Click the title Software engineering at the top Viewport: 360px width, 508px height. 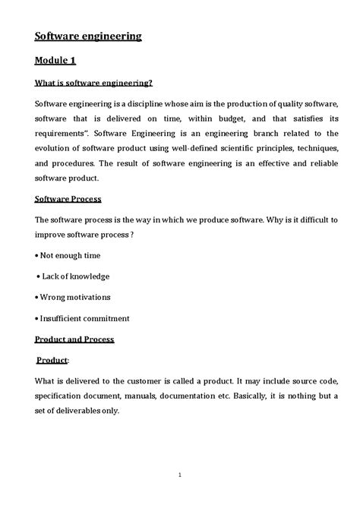[x=88, y=35]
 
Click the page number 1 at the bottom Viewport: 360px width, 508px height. [x=179, y=475]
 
